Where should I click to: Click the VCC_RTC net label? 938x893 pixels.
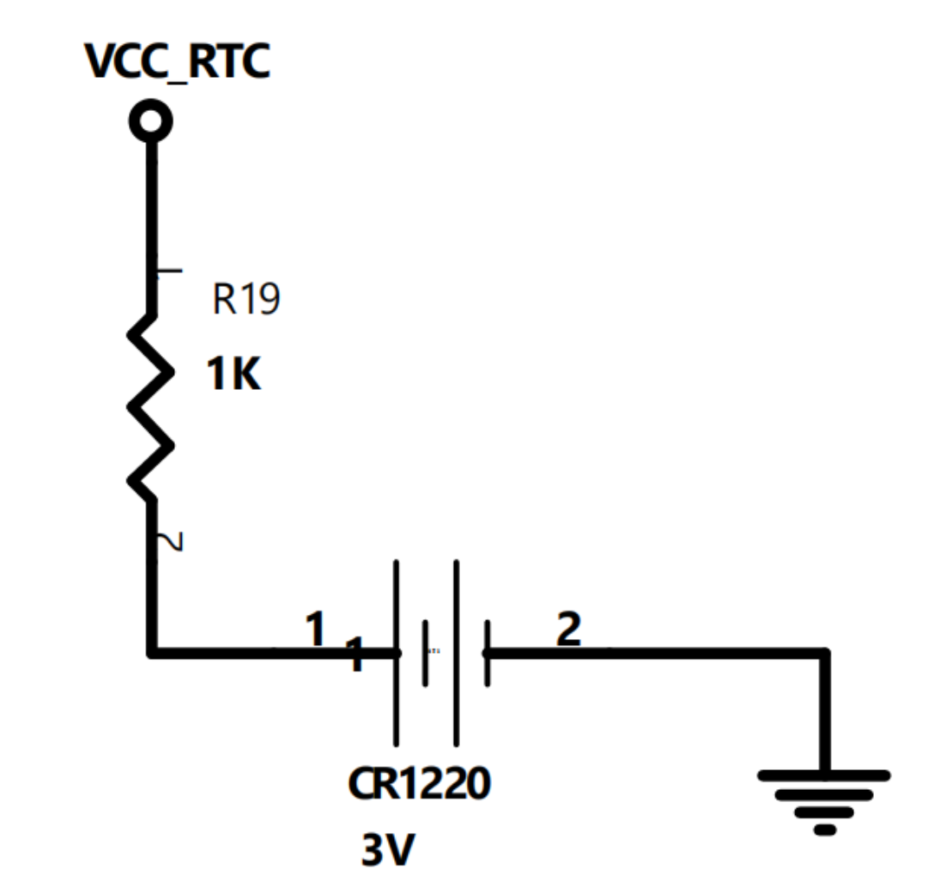pos(177,61)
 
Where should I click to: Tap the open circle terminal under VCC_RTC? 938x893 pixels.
pos(151,122)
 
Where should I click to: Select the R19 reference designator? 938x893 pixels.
pos(246,301)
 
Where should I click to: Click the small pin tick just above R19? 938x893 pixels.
pos(168,271)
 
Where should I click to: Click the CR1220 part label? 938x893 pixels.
pos(419,784)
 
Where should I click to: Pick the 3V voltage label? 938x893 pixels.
pos(387,852)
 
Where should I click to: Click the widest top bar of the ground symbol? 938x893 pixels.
pos(824,775)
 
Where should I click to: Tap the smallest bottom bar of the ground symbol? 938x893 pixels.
pos(825,830)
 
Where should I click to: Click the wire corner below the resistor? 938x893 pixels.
pos(152,651)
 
